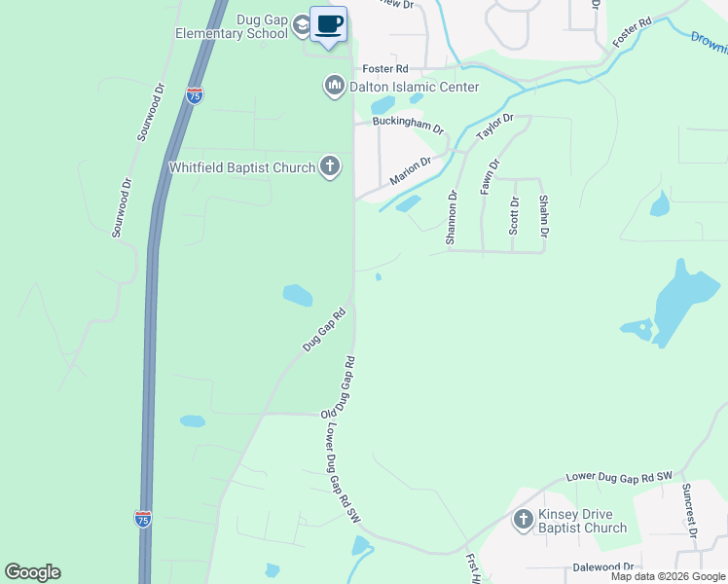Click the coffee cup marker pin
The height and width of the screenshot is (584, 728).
[328, 23]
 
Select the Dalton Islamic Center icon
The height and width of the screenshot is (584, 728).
[334, 87]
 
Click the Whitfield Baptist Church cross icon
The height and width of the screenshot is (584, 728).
[330, 166]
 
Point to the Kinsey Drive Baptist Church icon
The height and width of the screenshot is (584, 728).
[523, 520]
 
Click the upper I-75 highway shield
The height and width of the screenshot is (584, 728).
[195, 95]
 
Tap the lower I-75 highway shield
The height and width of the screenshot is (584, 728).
[142, 518]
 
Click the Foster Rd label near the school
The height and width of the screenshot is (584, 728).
[384, 69]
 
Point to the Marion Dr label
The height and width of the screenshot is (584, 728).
[410, 172]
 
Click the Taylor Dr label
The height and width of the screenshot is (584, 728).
[493, 128]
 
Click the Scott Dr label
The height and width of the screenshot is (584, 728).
[515, 215]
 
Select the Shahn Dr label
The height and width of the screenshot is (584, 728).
[544, 215]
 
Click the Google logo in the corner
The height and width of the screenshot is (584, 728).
[32, 572]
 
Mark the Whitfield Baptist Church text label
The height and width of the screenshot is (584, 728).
[242, 167]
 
